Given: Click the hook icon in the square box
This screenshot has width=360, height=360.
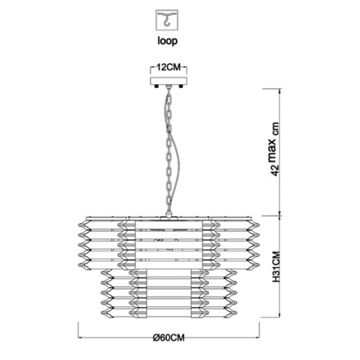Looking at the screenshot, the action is click(x=167, y=20).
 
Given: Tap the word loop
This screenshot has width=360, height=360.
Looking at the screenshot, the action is click(x=167, y=41).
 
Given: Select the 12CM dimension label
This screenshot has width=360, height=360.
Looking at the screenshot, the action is click(x=169, y=67).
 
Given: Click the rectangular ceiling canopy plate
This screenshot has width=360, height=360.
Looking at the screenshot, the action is click(x=169, y=81).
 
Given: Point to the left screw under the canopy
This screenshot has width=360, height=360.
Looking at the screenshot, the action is click(x=156, y=86).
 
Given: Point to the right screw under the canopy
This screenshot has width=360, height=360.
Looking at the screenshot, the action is click(x=182, y=86).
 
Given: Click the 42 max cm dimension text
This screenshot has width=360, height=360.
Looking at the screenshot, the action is click(x=275, y=149).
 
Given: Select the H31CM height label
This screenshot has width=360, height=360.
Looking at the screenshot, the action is click(x=276, y=266).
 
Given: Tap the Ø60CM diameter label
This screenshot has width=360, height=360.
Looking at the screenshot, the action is click(x=169, y=338).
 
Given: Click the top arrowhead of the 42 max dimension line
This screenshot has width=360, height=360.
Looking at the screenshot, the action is click(x=280, y=90).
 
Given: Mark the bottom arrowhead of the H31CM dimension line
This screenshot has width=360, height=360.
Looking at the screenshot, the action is click(x=280, y=314).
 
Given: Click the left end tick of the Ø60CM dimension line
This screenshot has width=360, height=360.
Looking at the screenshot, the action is click(x=78, y=330).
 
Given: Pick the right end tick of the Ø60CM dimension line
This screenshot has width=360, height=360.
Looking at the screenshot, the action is click(x=259, y=330).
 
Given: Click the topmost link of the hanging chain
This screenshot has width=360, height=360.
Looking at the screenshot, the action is click(x=169, y=93).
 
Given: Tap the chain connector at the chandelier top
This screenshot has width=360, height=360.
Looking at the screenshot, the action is click(x=169, y=213).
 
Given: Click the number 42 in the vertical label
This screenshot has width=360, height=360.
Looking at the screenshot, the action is click(x=275, y=170).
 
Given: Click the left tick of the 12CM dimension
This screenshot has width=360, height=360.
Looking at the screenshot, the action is click(x=151, y=70).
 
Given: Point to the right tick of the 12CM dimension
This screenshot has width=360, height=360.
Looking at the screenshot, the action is click(x=186, y=70).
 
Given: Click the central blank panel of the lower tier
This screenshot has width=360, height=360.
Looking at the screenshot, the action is click(x=169, y=293).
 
